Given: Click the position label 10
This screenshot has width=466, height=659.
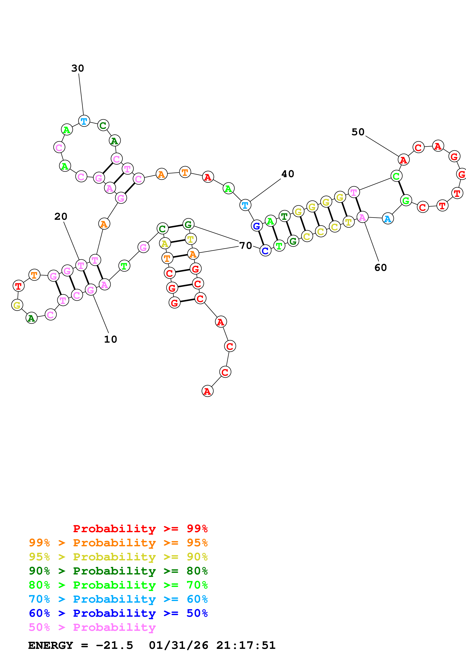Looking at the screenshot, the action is (x=110, y=339).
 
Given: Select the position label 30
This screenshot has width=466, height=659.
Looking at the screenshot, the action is (x=77, y=68).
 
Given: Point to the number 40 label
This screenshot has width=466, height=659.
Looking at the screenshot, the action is (x=287, y=174).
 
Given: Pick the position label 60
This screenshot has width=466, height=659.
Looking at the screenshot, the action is (x=380, y=268).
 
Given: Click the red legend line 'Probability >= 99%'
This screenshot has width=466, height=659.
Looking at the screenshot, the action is (x=140, y=528).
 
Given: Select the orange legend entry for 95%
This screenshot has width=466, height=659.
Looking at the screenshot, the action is (x=118, y=543).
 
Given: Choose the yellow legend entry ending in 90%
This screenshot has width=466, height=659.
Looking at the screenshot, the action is (x=118, y=557).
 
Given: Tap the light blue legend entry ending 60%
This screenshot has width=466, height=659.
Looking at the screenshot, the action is (x=118, y=599).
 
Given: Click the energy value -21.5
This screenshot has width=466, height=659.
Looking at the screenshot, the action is (x=114, y=645).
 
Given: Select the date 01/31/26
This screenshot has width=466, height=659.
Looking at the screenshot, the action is (x=178, y=645).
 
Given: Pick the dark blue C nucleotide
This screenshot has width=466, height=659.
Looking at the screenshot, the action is (x=265, y=251).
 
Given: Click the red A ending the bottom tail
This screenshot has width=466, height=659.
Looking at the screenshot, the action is (x=207, y=391).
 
